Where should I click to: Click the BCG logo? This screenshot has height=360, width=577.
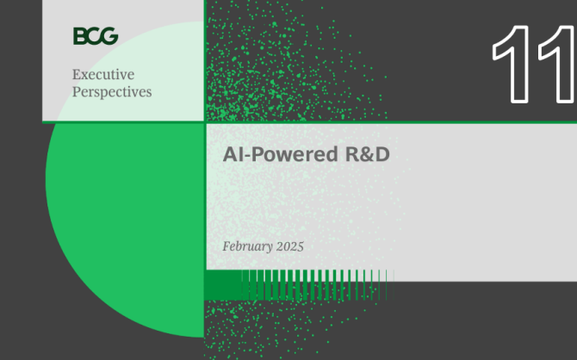(x=96, y=35)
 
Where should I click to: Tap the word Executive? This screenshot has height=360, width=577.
(x=103, y=74)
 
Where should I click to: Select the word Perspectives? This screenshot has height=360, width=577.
(x=112, y=92)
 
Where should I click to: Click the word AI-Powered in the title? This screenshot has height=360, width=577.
(x=281, y=154)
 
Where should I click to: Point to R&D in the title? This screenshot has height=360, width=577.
(x=367, y=154)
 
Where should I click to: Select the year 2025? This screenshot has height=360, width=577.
(x=290, y=246)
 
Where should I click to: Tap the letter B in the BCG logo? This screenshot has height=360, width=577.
(x=80, y=36)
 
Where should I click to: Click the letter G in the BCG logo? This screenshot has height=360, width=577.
(x=109, y=36)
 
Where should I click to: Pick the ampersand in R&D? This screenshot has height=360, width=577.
(x=368, y=154)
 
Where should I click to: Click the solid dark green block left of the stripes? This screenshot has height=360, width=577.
(x=223, y=284)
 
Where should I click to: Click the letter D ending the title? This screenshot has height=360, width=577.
(x=382, y=154)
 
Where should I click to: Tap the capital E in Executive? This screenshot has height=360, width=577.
(x=77, y=74)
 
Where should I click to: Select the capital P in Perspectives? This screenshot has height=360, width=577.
(x=77, y=91)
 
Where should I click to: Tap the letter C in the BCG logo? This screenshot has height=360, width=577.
(x=94, y=36)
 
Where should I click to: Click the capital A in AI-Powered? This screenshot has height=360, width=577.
(x=230, y=154)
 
